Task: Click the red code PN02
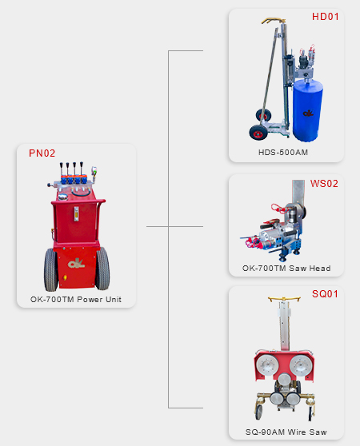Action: tap(42, 153)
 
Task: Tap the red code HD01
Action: tap(326, 17)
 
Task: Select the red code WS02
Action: tap(324, 184)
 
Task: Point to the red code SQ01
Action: tap(325, 294)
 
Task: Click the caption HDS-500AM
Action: tap(283, 153)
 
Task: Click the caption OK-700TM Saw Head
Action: tap(286, 269)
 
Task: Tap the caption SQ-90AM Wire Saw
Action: tap(286, 432)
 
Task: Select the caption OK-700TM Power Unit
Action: tap(76, 299)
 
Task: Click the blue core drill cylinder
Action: tap(308, 110)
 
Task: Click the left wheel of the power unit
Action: tap(51, 269)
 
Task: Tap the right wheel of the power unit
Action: tap(102, 269)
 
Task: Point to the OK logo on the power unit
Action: tap(76, 263)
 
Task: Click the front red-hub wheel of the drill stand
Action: tap(258, 132)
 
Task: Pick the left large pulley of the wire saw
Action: tap(266, 365)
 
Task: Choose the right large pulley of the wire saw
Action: tap(300, 365)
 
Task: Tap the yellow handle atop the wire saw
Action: tap(284, 299)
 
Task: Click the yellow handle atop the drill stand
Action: tap(274, 21)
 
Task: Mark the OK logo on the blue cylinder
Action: tap(308, 113)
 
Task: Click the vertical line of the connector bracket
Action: tap(168, 229)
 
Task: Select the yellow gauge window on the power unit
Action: tap(76, 214)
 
